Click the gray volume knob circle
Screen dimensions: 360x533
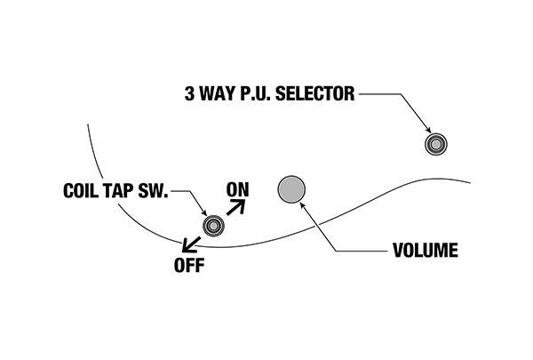(291, 188)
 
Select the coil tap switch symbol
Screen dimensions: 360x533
(213, 226)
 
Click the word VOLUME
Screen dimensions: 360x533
(425, 252)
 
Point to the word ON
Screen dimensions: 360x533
(238, 189)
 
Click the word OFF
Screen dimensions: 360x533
(187, 265)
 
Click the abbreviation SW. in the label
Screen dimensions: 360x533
(158, 191)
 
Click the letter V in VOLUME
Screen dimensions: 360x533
(397, 252)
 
